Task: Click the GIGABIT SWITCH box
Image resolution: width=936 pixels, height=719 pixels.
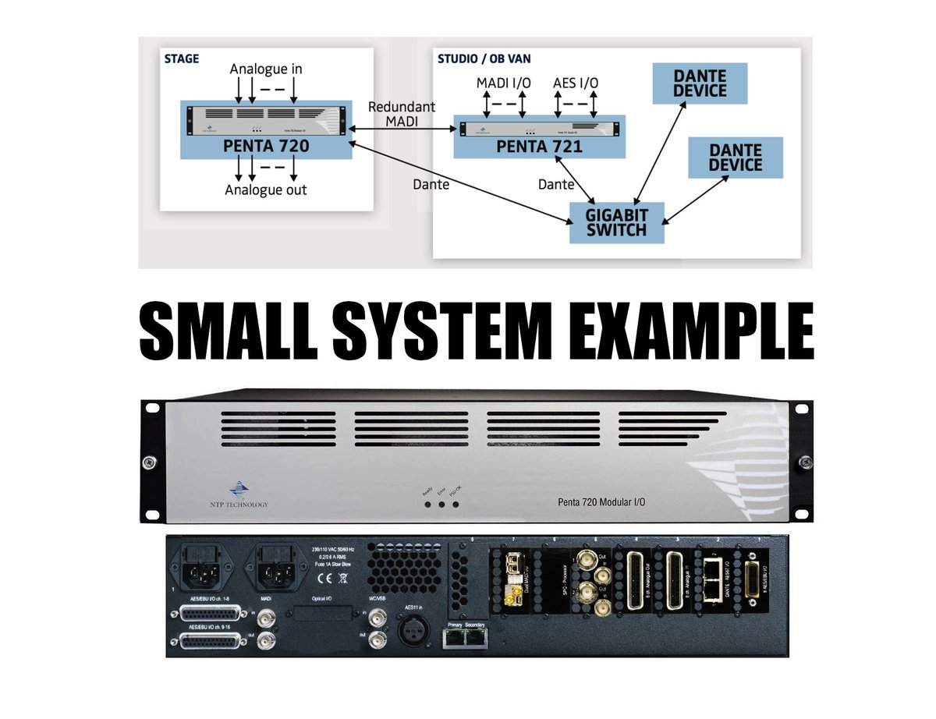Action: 616,222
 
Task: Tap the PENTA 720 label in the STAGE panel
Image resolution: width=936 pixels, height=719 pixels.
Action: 266,144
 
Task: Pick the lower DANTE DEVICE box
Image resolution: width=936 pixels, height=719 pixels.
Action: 735,157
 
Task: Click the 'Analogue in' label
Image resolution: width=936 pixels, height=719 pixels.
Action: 266,69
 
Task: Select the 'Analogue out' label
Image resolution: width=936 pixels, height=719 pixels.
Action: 266,189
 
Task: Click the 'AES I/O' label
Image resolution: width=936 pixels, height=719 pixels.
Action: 576,82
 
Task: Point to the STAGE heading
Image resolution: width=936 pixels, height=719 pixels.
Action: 182,58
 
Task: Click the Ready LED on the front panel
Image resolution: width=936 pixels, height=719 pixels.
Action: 427,505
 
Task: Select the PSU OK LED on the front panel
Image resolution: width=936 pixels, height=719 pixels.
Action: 456,505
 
